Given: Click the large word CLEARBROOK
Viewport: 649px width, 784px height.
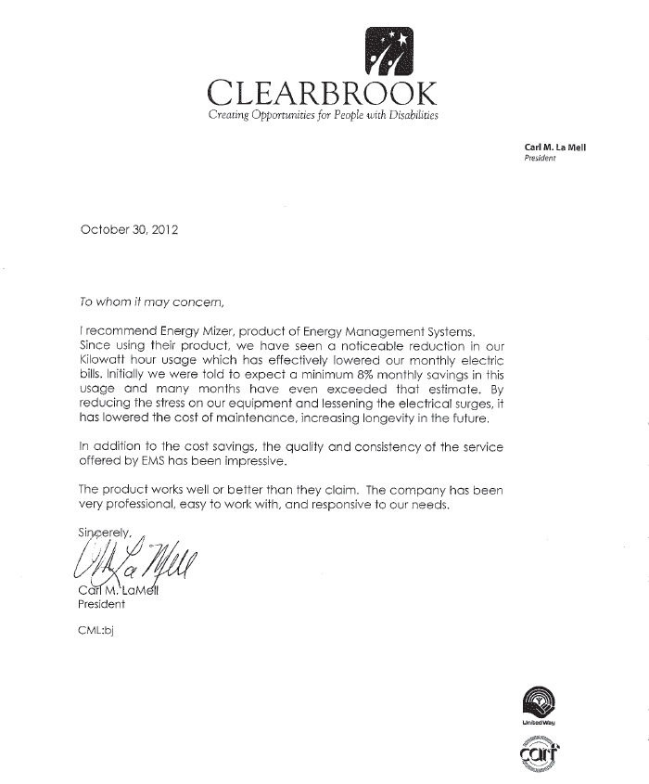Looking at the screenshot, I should (322, 94).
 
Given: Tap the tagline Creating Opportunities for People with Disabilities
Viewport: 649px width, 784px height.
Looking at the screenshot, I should (323, 116).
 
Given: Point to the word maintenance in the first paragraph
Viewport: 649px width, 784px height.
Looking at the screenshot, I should (276, 419).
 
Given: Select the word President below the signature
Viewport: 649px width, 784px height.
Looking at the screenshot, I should (102, 604).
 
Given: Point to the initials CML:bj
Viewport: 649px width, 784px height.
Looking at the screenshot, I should (96, 630).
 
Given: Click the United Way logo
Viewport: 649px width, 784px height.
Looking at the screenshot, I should (543, 703).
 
